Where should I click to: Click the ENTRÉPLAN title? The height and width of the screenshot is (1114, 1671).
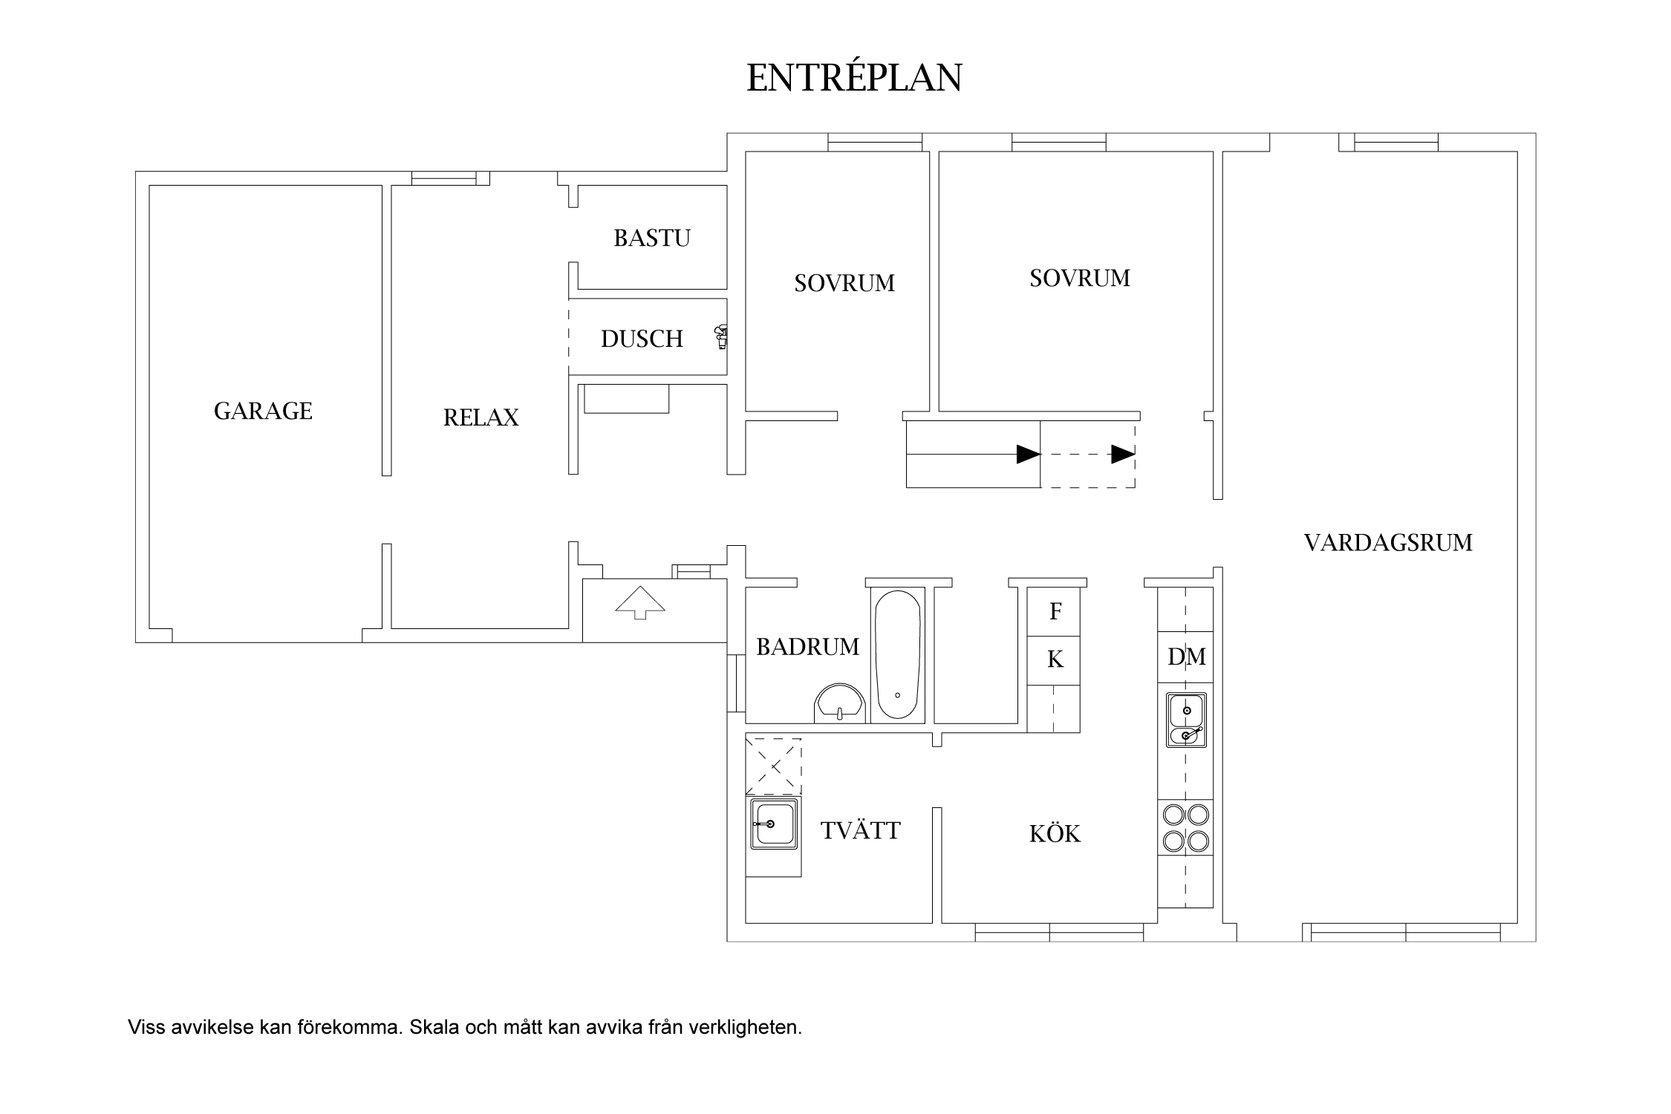click(854, 77)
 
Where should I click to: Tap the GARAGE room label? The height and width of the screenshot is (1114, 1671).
click(263, 411)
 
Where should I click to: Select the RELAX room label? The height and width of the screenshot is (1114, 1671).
click(481, 417)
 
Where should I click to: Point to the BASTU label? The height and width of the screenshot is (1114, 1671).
click(652, 238)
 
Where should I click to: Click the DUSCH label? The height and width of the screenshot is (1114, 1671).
click(642, 339)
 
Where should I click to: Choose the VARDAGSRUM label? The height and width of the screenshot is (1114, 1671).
click(1388, 542)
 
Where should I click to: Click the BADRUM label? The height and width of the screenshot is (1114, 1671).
click(807, 647)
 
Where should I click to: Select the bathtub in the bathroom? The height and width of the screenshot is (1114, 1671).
click(897, 654)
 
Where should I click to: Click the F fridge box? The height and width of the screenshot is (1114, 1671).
click(1054, 611)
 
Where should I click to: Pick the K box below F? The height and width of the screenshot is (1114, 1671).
click(1054, 659)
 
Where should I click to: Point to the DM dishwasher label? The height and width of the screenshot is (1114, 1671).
click(1186, 657)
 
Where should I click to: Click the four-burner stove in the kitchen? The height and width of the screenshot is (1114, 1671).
click(1185, 827)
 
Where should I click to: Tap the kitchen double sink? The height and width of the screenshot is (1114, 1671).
click(1186, 720)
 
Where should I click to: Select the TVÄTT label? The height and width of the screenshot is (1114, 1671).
click(860, 830)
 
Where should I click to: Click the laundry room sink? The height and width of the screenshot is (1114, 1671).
click(774, 824)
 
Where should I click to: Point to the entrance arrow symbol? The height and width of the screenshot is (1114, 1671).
click(640, 602)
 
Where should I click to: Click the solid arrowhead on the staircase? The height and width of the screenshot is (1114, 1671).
click(1029, 454)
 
